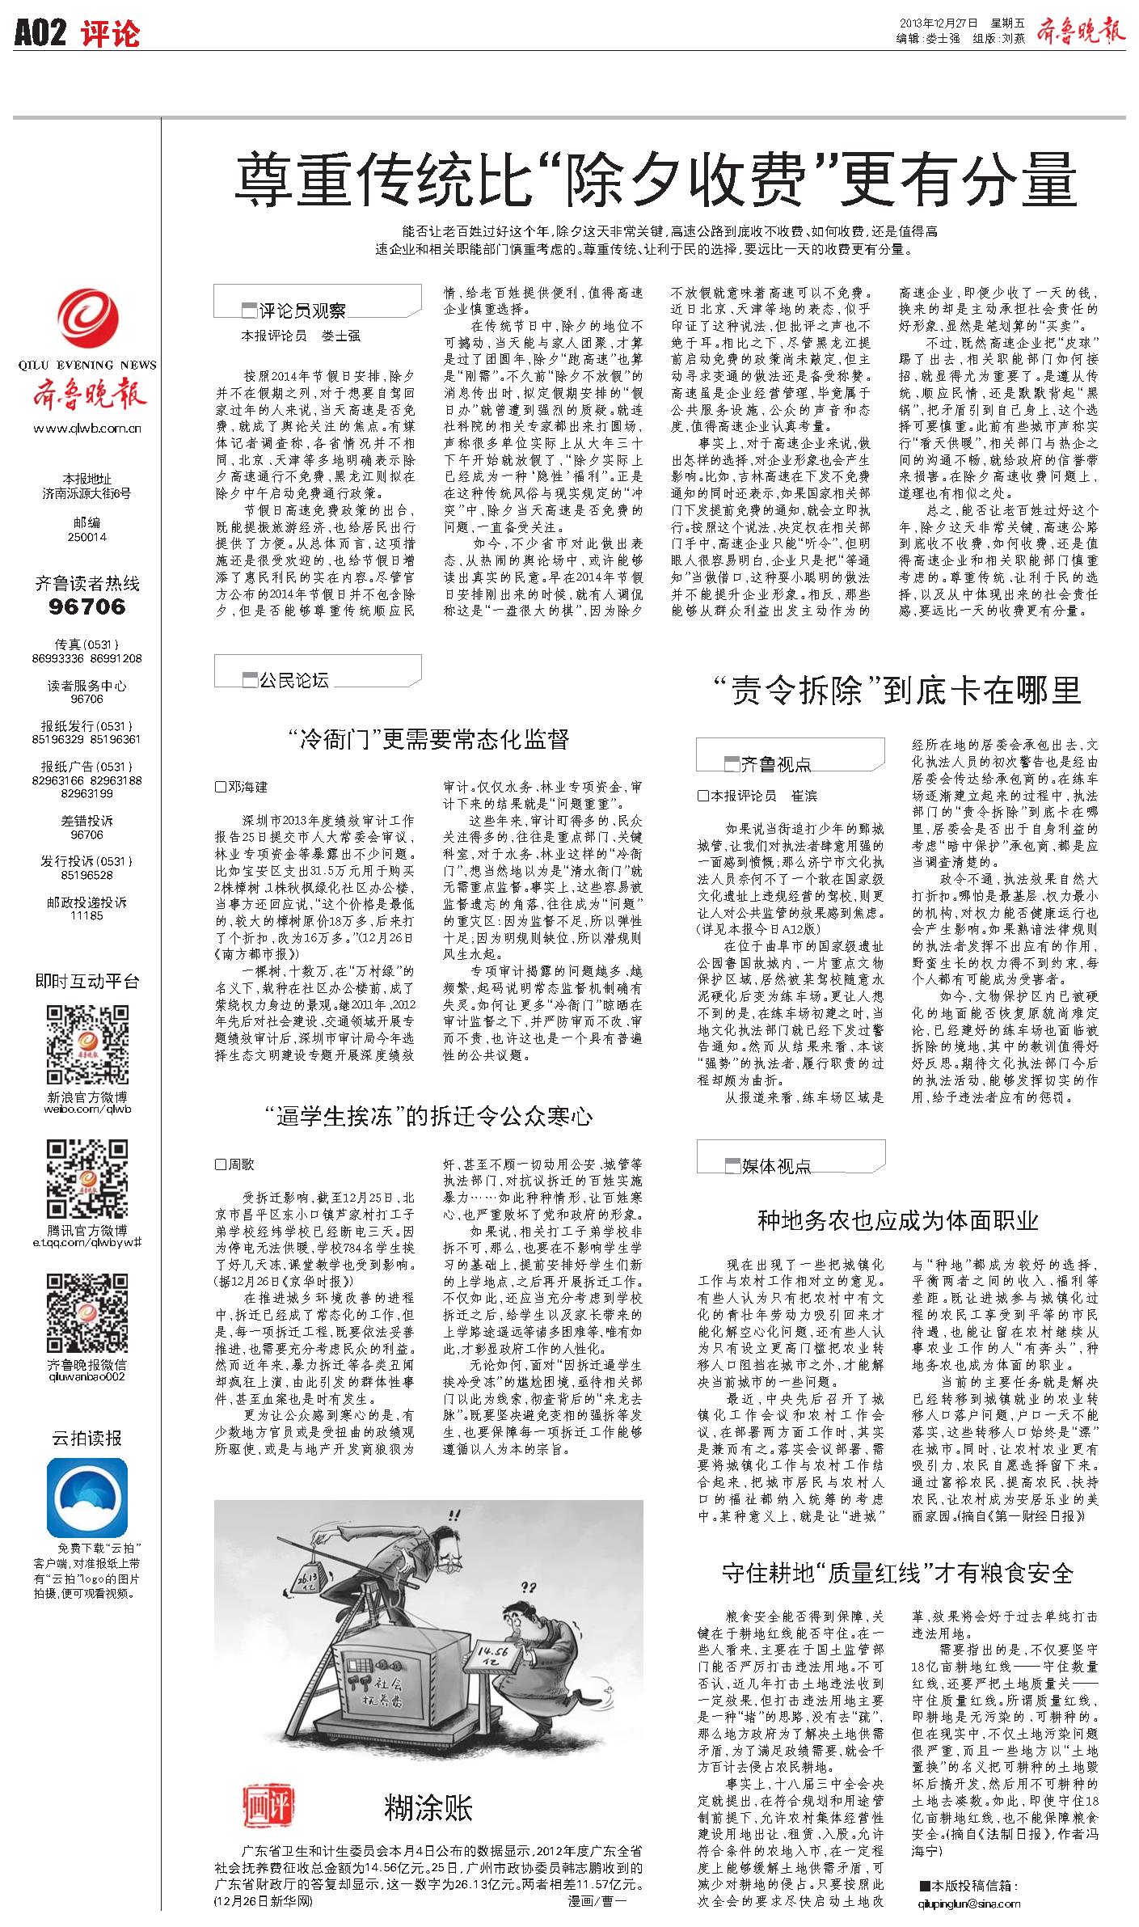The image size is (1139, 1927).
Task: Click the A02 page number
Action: (x=40, y=33)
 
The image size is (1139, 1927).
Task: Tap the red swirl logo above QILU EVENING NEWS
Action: (x=87, y=323)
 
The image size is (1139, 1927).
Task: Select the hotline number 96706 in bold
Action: (x=87, y=606)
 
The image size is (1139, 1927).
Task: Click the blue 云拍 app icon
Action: (x=87, y=1497)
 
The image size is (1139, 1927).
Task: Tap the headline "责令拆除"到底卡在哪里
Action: (x=896, y=691)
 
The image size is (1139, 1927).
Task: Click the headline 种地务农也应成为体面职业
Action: (x=897, y=1220)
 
